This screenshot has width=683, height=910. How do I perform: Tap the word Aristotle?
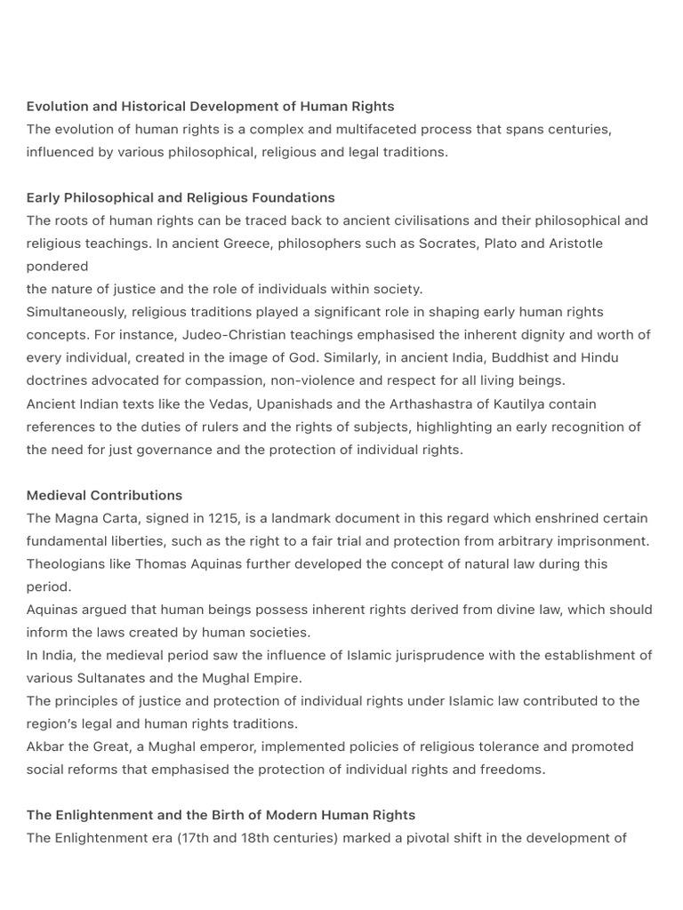(x=570, y=243)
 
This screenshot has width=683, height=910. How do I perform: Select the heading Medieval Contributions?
(x=104, y=495)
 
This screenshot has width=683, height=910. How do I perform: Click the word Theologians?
(x=67, y=563)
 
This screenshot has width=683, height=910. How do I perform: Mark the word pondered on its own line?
(x=57, y=266)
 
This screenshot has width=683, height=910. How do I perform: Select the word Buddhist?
(x=494, y=358)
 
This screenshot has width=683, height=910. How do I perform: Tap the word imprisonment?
(x=605, y=540)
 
